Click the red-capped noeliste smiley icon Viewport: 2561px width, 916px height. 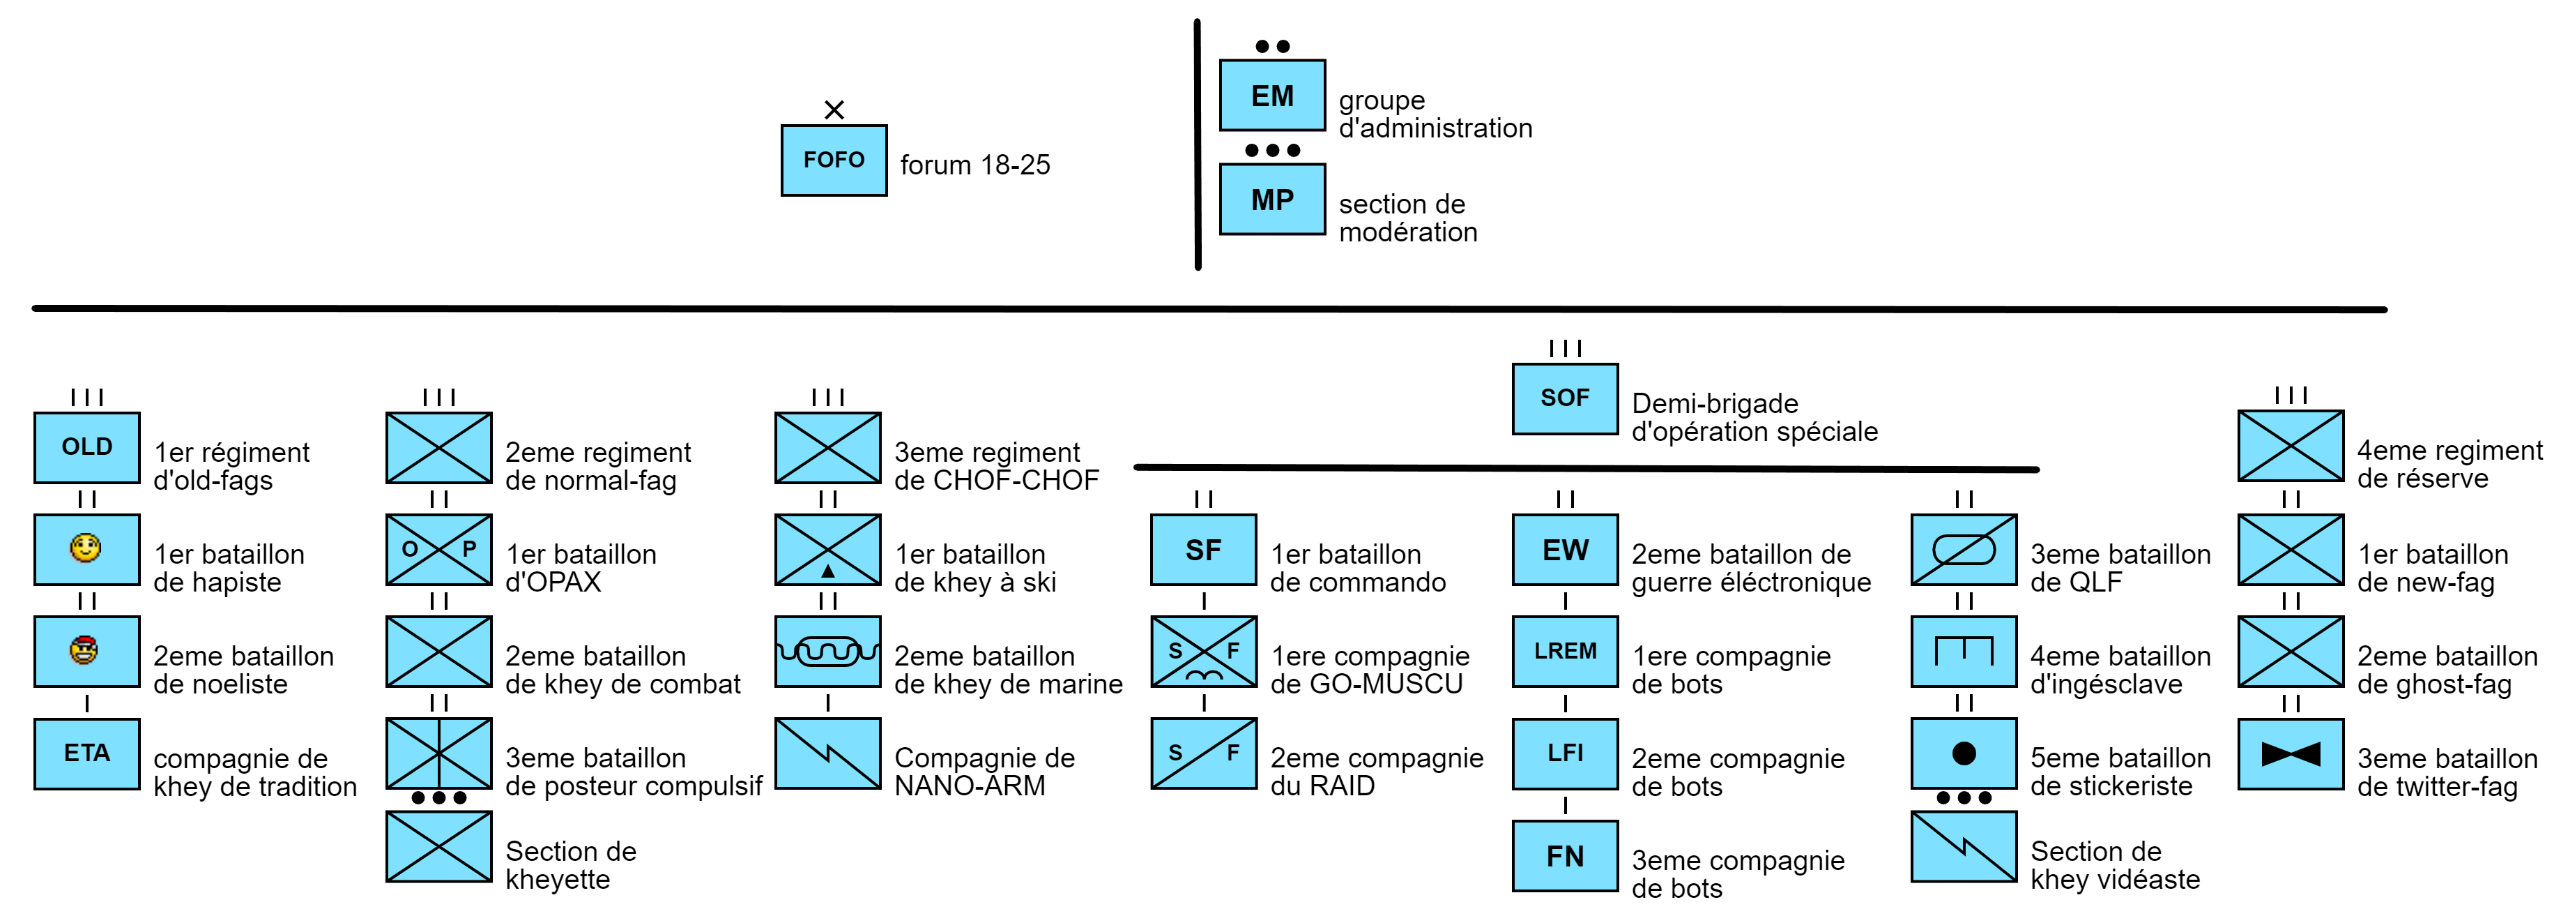pos(84,650)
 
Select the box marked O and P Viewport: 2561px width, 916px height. pos(438,549)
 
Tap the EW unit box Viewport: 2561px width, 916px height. pos(1565,550)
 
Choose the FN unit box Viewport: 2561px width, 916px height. pos(1565,856)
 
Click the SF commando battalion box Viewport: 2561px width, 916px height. pos(1203,550)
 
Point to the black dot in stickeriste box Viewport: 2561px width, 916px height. pos(1964,753)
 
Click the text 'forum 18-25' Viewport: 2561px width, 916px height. pos(974,165)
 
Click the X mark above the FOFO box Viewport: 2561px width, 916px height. pos(834,110)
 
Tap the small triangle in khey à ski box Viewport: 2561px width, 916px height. pos(827,572)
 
